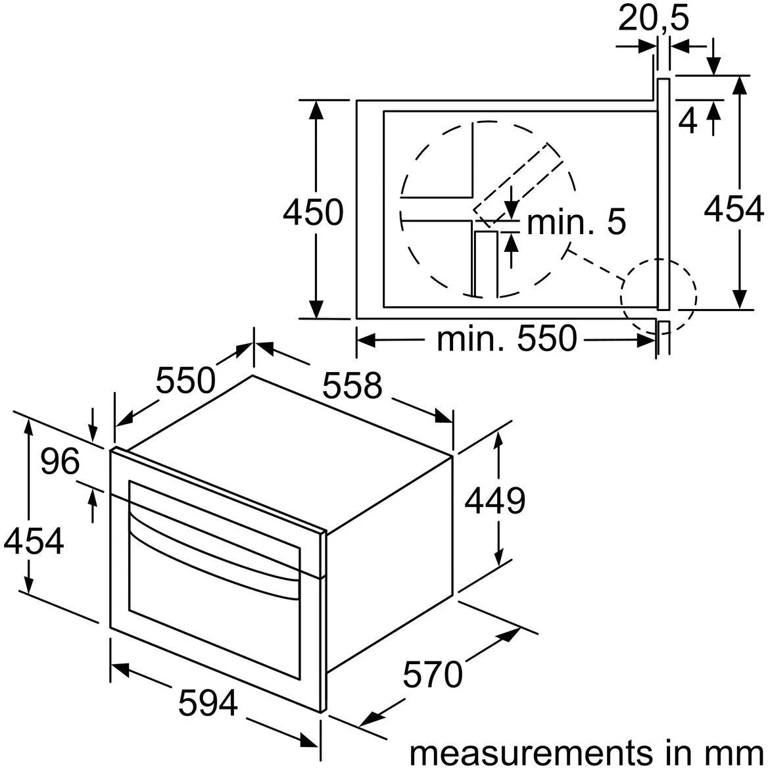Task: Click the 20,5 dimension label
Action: pos(654,18)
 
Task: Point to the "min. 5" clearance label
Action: pos(577,222)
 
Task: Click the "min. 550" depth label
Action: pos(507,338)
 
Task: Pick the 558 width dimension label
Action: pos(352,385)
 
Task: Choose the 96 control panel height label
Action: pos(60,461)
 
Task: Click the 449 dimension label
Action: pos(494,500)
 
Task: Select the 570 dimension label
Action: pos(433,674)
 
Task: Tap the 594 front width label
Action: pos(208,703)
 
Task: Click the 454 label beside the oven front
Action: pos(34,540)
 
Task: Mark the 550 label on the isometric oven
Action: pos(185,380)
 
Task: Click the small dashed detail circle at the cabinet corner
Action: pos(658,296)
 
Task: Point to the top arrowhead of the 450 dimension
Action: pos(316,110)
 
